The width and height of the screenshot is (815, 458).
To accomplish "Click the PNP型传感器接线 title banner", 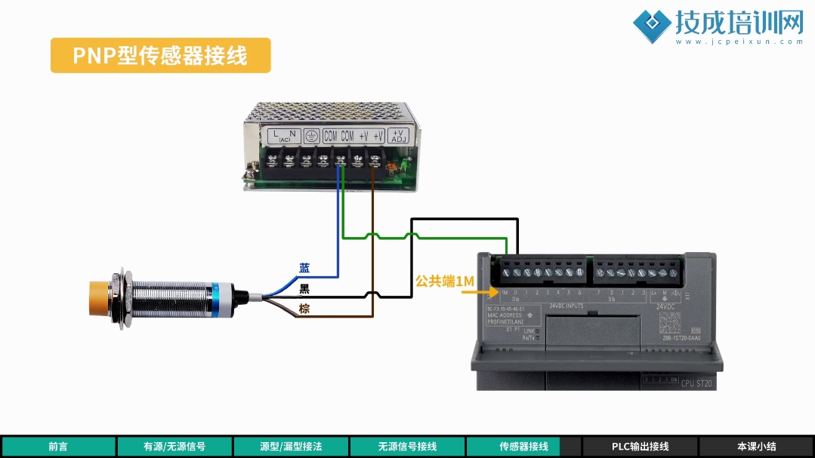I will tap(160, 56).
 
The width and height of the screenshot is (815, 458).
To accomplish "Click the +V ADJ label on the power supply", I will tap(398, 136).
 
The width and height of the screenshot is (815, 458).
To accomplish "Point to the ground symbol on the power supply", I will tap(309, 136).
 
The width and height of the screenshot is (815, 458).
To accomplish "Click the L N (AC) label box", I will tap(284, 136).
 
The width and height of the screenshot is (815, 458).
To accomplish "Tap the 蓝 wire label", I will tap(304, 268).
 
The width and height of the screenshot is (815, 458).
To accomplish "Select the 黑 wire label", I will tap(304, 288).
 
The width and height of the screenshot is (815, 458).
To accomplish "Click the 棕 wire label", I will tap(304, 309).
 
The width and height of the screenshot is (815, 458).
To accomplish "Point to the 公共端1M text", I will tap(444, 281).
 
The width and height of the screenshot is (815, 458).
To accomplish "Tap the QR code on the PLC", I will tap(669, 324).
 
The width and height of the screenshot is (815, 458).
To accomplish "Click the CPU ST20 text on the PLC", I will tap(696, 384).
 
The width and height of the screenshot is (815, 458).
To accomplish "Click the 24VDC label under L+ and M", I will tap(665, 306).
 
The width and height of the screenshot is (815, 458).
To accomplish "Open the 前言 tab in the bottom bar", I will tap(58, 447).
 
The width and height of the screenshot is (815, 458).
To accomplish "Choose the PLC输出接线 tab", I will tap(640, 447).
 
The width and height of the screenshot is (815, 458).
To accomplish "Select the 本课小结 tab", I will tap(756, 447).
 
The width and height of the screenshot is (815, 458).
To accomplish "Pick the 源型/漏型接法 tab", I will tap(291, 447).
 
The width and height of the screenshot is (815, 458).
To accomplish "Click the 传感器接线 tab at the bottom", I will tap(523, 447).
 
